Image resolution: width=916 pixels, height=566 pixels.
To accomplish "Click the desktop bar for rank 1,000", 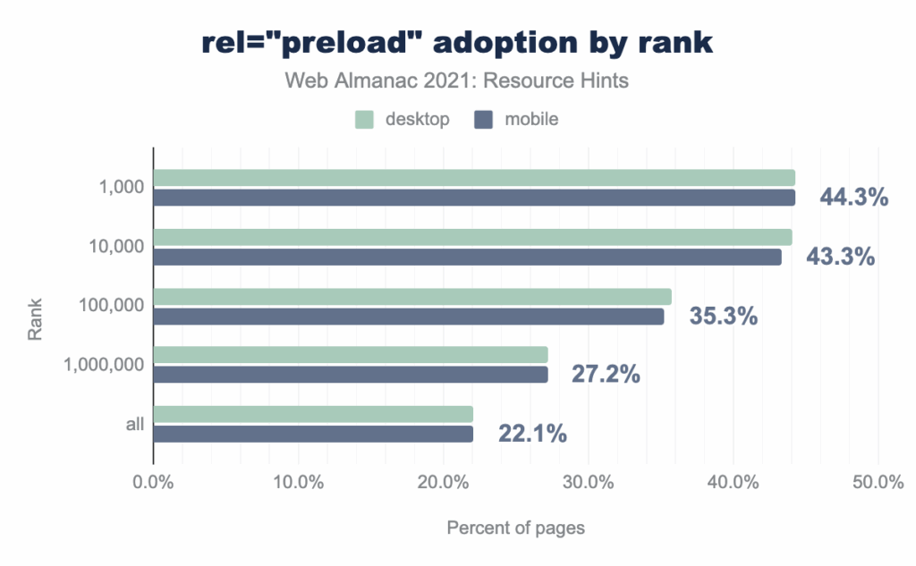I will pyautogui.click(x=474, y=178).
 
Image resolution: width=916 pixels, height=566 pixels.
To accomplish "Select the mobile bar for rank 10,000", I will pyautogui.click(x=467, y=257).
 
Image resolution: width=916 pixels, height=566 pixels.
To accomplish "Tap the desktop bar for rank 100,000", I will pyautogui.click(x=412, y=297).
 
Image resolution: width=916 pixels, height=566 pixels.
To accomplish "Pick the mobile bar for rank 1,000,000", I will pyautogui.click(x=351, y=375).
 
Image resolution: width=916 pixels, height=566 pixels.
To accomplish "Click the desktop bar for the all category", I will pyautogui.click(x=313, y=414).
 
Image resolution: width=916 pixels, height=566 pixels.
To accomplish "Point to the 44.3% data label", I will pyautogui.click(x=853, y=197).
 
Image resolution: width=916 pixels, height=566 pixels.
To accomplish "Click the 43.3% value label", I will pyautogui.click(x=840, y=257).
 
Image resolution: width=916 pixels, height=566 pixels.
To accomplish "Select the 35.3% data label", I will pyautogui.click(x=723, y=316).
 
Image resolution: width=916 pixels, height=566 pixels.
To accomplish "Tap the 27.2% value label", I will pyautogui.click(x=606, y=375).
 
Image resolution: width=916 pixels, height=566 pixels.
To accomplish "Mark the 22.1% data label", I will pyautogui.click(x=532, y=435).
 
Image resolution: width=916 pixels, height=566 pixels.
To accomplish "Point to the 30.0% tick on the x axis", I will pyautogui.click(x=588, y=484).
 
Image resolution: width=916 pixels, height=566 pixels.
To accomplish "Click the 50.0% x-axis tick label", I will pyautogui.click(x=878, y=484).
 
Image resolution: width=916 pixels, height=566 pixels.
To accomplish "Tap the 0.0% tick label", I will pyautogui.click(x=153, y=484).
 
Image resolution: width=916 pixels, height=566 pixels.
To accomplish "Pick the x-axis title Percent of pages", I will pyautogui.click(x=515, y=528).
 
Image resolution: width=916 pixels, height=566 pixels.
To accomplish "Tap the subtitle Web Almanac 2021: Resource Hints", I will pyautogui.click(x=457, y=80).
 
